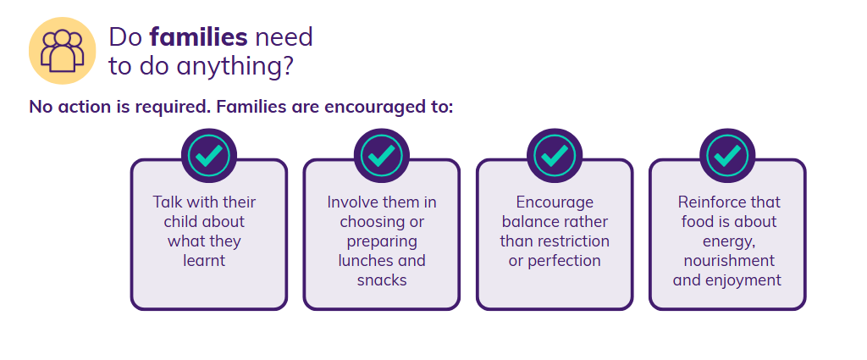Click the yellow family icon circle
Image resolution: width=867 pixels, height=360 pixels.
click(x=63, y=51)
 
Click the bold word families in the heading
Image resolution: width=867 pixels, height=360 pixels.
click(x=198, y=37)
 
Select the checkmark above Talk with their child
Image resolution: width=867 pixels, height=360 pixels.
click(x=209, y=156)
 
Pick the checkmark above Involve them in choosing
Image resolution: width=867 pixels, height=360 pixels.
click(x=382, y=156)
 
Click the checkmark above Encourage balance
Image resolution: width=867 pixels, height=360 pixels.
click(x=555, y=156)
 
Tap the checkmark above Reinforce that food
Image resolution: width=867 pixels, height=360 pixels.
click(x=727, y=156)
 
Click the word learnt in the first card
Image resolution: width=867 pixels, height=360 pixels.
click(x=204, y=260)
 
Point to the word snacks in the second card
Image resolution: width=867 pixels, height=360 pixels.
click(x=382, y=280)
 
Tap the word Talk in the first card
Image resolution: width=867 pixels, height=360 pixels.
click(x=166, y=202)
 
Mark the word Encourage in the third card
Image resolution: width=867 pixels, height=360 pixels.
click(x=555, y=202)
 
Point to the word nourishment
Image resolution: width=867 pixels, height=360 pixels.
click(x=729, y=260)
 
